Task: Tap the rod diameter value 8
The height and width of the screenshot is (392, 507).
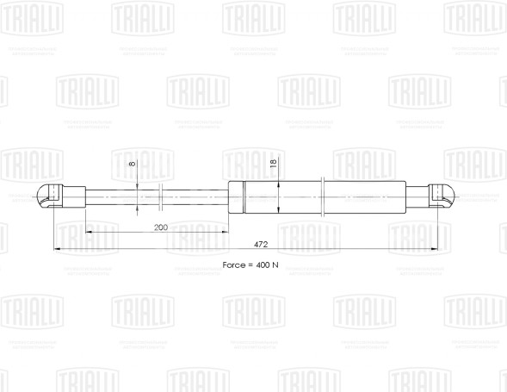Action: [132, 164]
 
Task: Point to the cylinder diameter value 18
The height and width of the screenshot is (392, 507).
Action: [274, 162]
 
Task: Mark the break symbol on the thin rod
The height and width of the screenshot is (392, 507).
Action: [161, 196]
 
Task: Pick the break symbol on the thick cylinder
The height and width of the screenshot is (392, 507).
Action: [320, 196]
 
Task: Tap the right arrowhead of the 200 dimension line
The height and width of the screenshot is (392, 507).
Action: [226, 233]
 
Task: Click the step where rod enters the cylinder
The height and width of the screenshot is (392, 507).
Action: [229, 196]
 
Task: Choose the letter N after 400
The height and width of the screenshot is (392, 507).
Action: [275, 264]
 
